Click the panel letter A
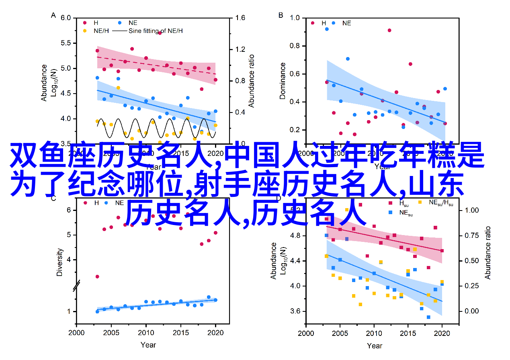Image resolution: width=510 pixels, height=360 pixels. point(53,15)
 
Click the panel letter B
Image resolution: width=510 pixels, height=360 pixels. point(281,15)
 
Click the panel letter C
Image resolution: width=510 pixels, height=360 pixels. point(53,198)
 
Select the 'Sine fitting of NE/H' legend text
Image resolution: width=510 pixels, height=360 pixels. point(156,31)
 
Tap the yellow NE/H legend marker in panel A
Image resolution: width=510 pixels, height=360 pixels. point(85,31)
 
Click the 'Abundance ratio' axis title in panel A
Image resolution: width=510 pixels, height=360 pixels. point(252,80)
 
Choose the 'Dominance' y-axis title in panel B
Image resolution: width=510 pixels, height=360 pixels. point(283,81)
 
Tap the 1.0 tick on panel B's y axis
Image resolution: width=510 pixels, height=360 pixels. point(295,18)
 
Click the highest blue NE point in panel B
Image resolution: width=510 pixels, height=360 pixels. point(327,29)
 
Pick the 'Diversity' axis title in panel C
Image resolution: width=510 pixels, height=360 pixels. point(59,262)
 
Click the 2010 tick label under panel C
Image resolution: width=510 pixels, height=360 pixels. point(146,333)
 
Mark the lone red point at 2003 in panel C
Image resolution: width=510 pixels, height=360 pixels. point(97,276)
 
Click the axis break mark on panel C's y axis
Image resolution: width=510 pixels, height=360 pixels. point(77,286)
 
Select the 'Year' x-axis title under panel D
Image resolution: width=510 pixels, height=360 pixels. point(375,345)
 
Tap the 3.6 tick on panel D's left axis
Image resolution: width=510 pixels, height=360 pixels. point(294,311)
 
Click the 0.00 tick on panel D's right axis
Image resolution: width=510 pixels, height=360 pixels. point(472,311)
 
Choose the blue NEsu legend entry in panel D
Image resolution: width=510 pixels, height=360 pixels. point(406,214)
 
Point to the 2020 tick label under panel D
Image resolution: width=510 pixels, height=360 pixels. point(442,333)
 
